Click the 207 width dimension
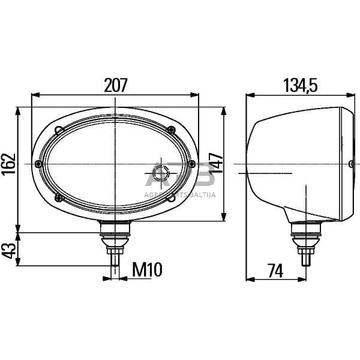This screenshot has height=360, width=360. pos(115,85)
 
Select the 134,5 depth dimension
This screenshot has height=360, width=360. pos(300,85)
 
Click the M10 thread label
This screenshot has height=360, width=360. pos(146,270)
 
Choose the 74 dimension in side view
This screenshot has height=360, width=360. pos(275,270)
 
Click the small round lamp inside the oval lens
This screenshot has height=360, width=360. pos(161,174)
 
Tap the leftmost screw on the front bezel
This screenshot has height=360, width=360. pos(39,164)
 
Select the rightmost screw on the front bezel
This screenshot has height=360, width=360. pos(191,163)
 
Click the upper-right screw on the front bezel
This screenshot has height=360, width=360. pos(172,130)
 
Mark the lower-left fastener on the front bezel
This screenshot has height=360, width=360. pos(58,197)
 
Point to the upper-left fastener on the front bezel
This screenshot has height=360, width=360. pos(59,130)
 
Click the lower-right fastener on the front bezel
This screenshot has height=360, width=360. pos(170,196)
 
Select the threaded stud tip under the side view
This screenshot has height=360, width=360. pos(306,259)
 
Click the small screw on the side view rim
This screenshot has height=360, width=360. pos(350,163)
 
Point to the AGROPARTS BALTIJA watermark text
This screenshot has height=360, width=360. pos(180,194)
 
